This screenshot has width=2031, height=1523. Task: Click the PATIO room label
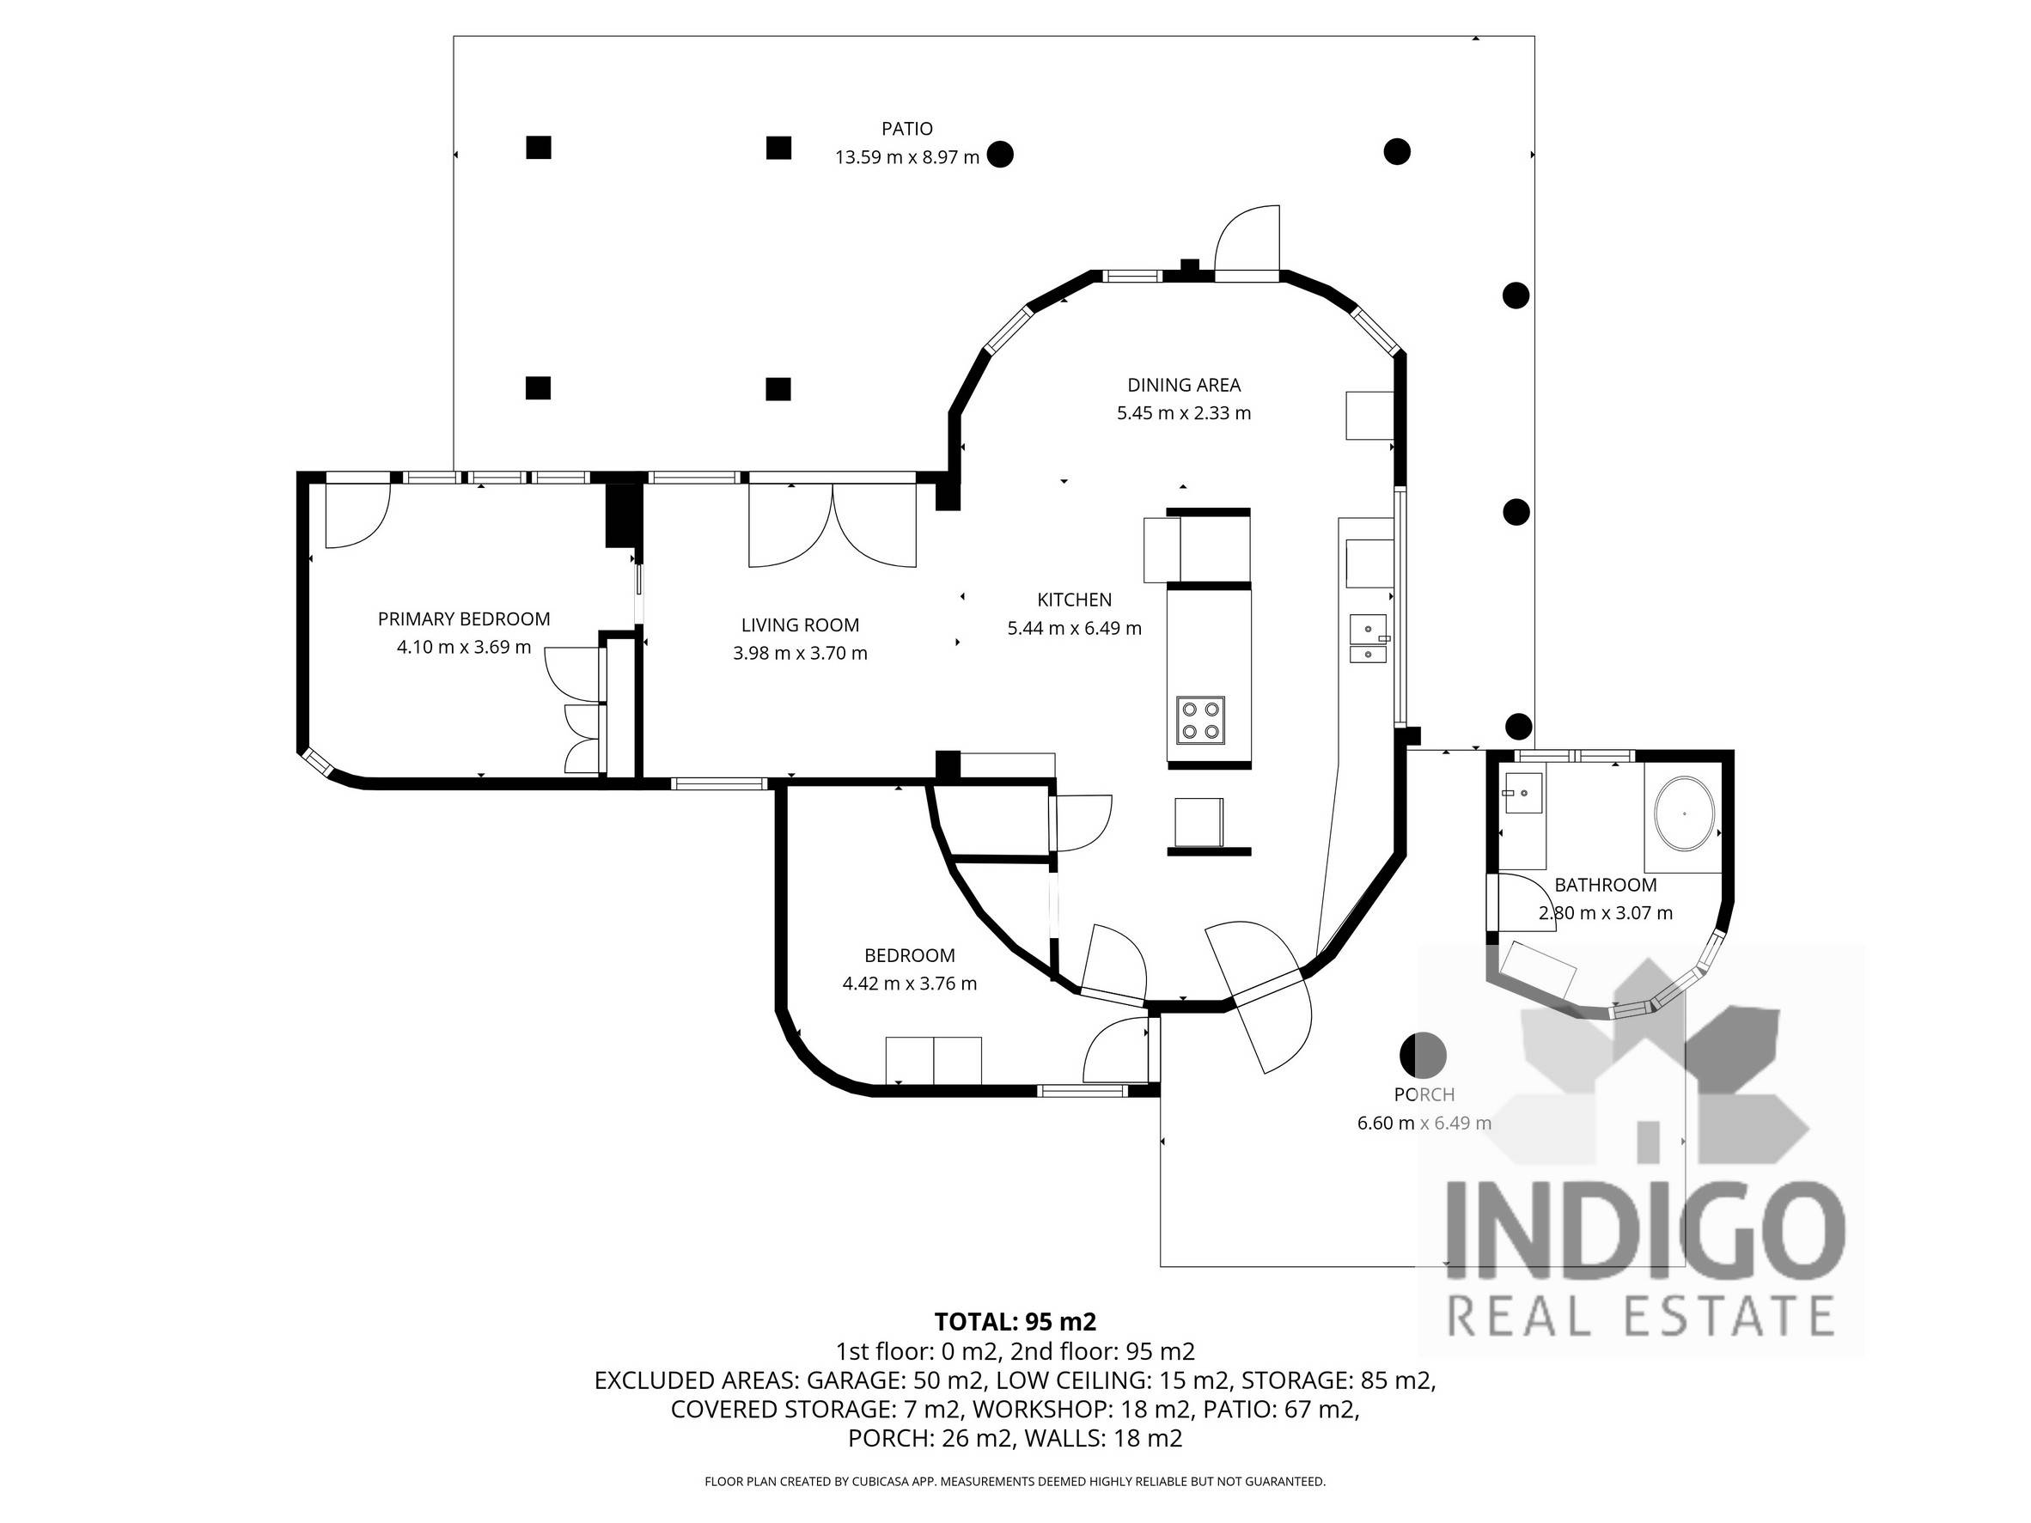click(x=906, y=129)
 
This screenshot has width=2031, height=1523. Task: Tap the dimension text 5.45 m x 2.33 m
click(x=1183, y=413)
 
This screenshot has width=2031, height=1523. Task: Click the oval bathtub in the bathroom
click(x=1683, y=813)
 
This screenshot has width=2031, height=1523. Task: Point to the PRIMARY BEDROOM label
click(x=464, y=618)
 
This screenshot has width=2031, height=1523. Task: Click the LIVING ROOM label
click(x=800, y=625)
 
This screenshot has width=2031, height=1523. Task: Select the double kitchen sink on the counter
click(x=1368, y=640)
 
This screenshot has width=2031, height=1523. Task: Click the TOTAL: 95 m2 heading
click(x=1015, y=1322)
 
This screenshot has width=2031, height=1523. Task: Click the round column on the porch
click(x=1422, y=1055)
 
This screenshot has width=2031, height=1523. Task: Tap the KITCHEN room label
click(x=1073, y=600)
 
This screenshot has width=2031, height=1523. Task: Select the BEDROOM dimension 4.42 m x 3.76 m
click(x=909, y=984)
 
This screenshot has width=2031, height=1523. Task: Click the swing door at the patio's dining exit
click(x=1247, y=243)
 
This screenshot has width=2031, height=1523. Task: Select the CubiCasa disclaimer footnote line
click(x=1015, y=1481)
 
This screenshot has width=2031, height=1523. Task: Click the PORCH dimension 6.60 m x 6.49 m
click(x=1424, y=1123)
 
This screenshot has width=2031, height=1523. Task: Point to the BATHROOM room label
click(x=1605, y=885)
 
